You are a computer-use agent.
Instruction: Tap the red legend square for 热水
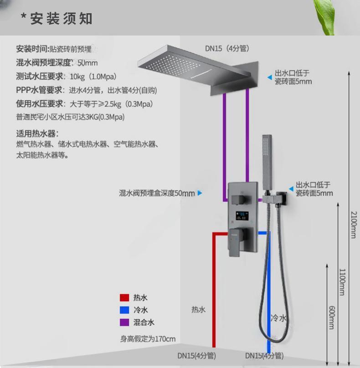tap(124, 298)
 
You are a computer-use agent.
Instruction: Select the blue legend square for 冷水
tap(124, 310)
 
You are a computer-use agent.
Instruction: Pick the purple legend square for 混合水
tap(124, 322)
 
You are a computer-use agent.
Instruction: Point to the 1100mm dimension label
tap(341, 282)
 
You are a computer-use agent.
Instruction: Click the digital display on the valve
tap(242, 215)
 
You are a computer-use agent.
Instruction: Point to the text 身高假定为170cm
tap(148, 339)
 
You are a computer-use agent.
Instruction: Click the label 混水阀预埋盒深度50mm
tap(157, 193)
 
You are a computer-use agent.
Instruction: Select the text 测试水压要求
tap(40, 76)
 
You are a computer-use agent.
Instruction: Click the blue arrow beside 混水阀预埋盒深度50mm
tap(200, 193)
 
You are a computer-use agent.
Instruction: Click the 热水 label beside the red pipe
tap(198, 310)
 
